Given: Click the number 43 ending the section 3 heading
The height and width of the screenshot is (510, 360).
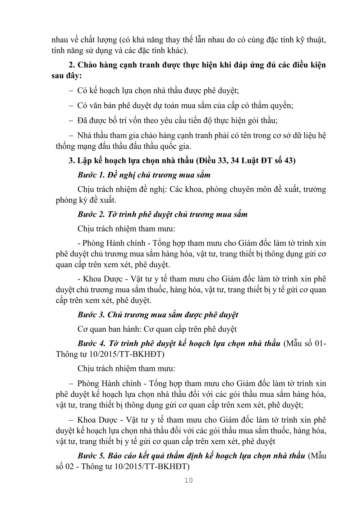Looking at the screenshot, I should pos(289,161).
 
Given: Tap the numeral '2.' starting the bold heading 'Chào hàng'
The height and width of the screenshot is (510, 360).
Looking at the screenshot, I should pos(72,65).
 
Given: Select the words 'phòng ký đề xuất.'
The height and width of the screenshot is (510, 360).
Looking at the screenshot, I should pos(86,200).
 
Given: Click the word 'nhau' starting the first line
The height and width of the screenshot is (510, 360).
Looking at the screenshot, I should pos(60,40).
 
